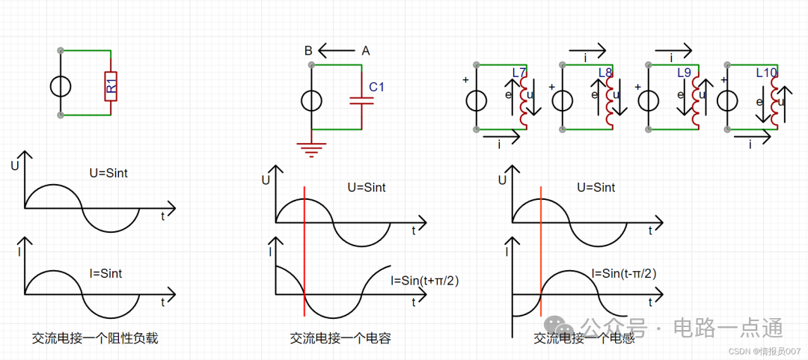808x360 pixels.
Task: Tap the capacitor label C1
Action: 377,88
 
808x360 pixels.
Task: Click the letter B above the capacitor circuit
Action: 308,51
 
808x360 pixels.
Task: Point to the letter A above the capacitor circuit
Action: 366,51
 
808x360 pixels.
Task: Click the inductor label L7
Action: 519,73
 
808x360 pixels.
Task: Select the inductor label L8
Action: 605,73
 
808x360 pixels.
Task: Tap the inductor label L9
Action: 684,73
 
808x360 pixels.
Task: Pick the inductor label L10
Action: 767,73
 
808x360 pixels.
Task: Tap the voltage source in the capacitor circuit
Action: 312,100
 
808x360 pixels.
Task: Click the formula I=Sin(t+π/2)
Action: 424,281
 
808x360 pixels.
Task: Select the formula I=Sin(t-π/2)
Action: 624,273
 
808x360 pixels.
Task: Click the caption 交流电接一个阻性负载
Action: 94,338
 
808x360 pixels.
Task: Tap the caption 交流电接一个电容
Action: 340,338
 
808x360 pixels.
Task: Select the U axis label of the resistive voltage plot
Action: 14,165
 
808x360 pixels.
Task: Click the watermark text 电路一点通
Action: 728,328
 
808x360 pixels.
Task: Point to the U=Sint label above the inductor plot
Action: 596,187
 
